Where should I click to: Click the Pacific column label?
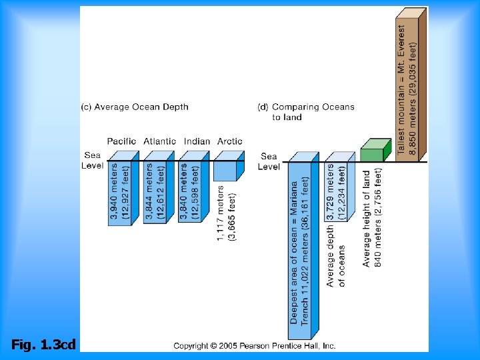tap(121, 141)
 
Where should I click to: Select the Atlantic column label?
tap(160, 141)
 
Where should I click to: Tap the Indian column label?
tap(197, 141)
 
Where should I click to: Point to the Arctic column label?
tap(230, 141)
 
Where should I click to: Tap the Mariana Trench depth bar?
tap(304, 247)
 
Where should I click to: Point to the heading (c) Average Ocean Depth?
tap(135, 107)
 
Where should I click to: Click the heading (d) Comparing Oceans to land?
tap(306, 112)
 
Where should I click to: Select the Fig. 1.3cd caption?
tap(44, 345)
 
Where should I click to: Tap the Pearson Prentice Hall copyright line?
tap(255, 345)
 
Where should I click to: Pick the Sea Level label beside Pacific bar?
tap(92, 160)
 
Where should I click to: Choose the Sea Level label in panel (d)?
tap(269, 161)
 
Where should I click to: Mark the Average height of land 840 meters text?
tap(372, 217)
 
